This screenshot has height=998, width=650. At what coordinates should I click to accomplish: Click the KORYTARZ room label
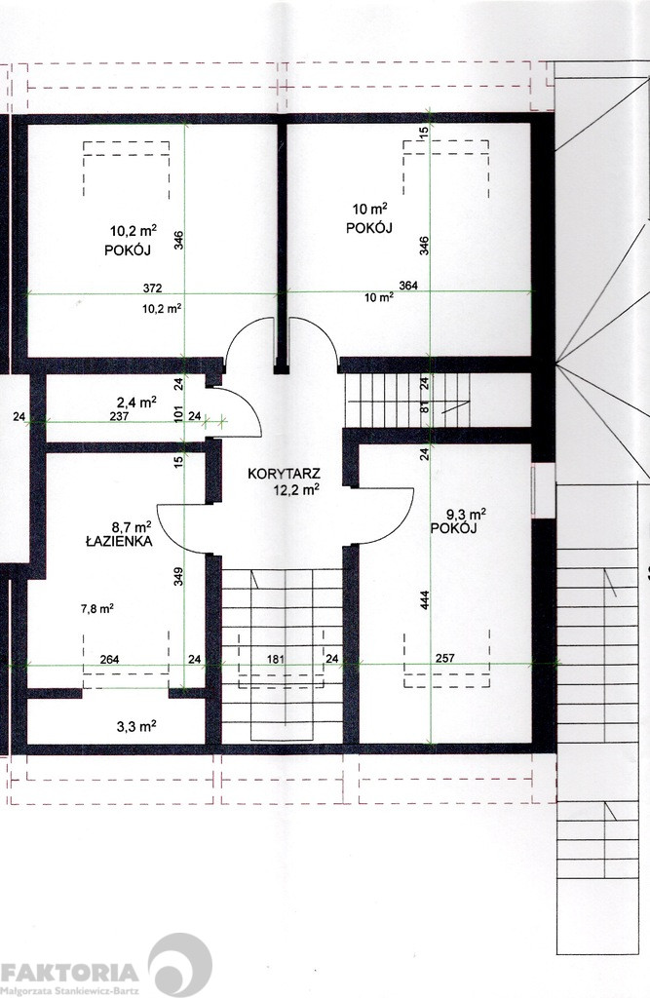pos(284,475)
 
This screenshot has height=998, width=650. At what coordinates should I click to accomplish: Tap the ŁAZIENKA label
pos(119,542)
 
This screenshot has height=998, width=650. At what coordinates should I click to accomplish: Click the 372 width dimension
pos(152,288)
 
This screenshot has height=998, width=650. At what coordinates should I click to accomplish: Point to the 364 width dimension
pos(408,286)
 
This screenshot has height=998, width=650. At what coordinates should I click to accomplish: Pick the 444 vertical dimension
pos(425,600)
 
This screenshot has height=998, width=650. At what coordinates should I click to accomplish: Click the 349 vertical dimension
pos(179,577)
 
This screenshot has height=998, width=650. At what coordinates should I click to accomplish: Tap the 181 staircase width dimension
pos(275,660)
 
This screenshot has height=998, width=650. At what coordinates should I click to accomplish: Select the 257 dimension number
pos(445,658)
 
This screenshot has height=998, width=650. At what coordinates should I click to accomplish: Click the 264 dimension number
pos(109,660)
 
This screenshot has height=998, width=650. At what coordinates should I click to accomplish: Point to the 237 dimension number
pos(119,417)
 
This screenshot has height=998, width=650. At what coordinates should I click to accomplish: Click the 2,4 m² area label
pos(136,403)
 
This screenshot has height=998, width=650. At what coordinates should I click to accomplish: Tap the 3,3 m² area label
pos(136,726)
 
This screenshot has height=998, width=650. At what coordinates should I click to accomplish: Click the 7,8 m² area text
pos(97,608)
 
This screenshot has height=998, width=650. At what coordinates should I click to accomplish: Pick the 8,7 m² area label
pos(132,527)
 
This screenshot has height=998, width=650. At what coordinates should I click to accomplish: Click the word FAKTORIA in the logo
pos(69,973)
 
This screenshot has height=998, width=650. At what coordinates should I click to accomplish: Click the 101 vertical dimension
pos(179,413)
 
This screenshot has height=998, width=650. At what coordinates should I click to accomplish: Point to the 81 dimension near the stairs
pos(425,408)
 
